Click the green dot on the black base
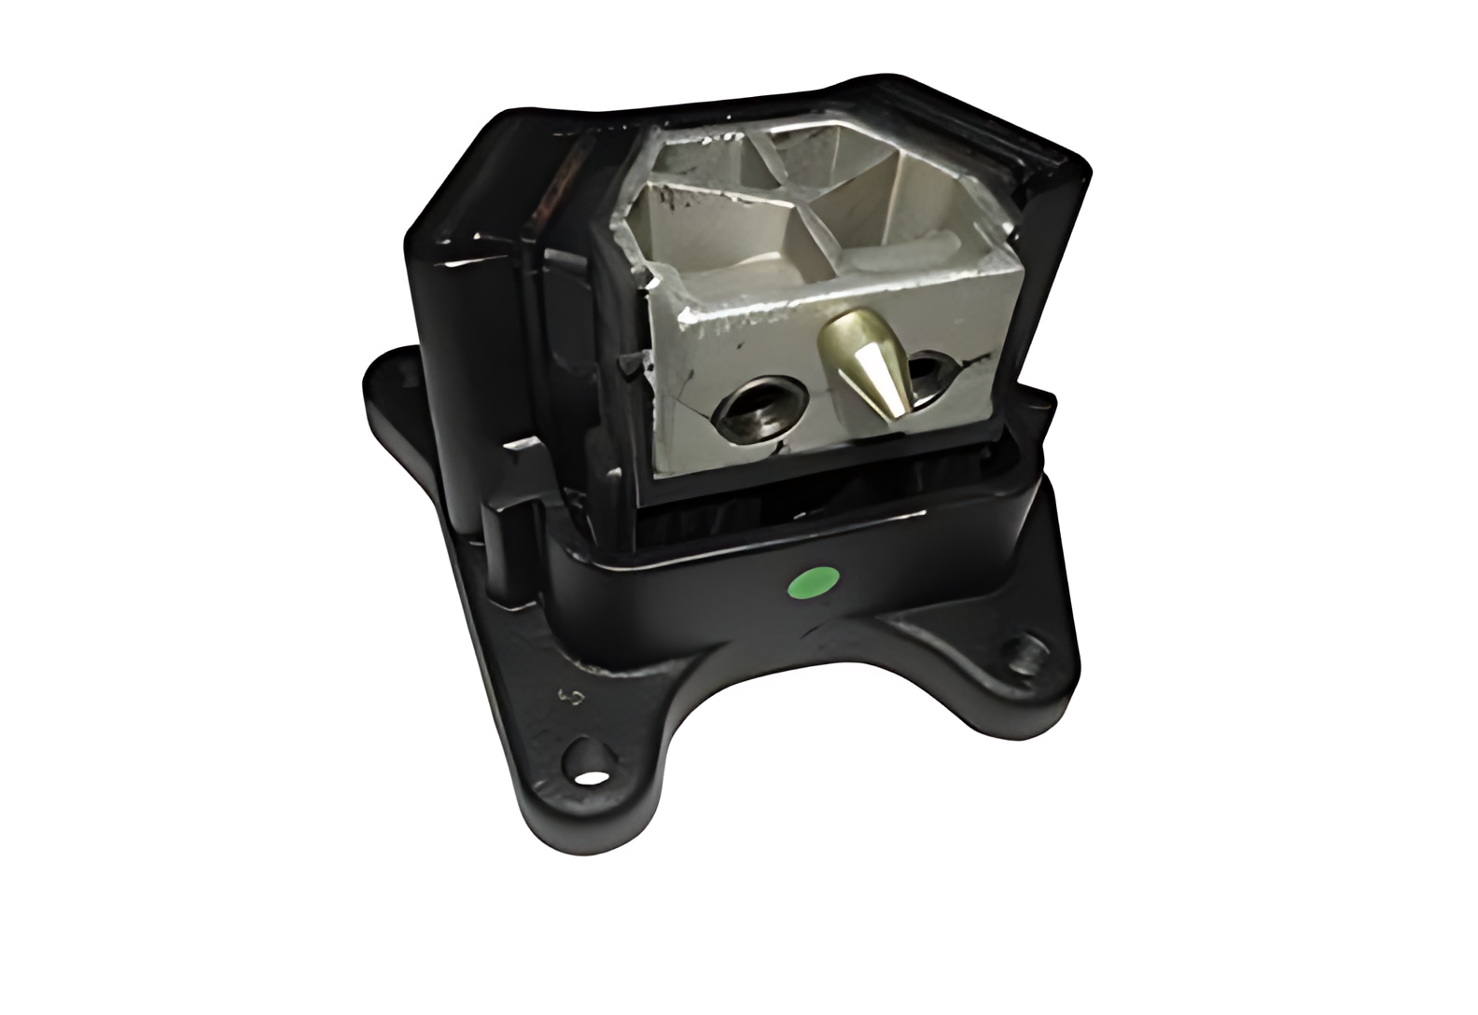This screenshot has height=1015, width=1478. [x=810, y=584]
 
